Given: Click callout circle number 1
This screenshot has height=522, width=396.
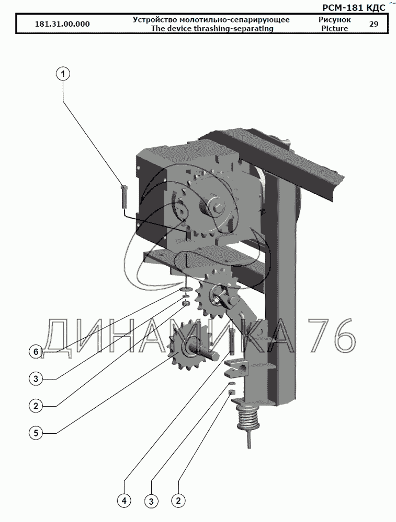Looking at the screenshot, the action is pyautogui.click(x=63, y=74).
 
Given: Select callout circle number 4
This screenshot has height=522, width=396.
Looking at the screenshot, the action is pyautogui.click(x=124, y=501).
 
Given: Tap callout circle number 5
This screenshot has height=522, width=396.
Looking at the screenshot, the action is pyautogui.click(x=36, y=433).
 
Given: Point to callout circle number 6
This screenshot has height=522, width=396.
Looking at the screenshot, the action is pyautogui.click(x=36, y=351).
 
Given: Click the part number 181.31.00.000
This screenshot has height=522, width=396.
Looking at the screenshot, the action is pyautogui.click(x=62, y=23).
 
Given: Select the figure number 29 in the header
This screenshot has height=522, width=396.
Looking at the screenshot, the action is pyautogui.click(x=374, y=24).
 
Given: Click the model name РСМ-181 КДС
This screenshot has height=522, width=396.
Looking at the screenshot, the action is pyautogui.click(x=354, y=7).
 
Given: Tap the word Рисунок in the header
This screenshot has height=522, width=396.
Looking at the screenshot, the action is pyautogui.click(x=335, y=20).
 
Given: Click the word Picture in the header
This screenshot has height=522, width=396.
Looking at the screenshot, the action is pyautogui.click(x=335, y=28).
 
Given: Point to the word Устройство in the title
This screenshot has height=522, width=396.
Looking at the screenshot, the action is pyautogui.click(x=154, y=20).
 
